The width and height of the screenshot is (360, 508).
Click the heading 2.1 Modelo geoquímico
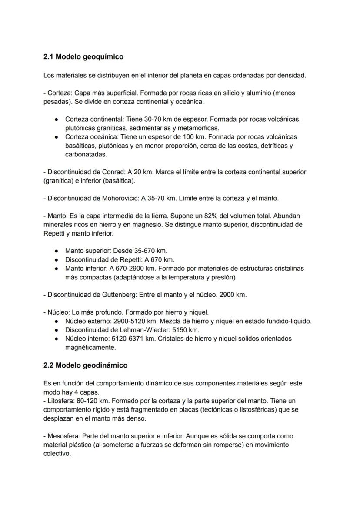(83, 57)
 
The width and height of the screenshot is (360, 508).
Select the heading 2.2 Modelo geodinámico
(86, 365)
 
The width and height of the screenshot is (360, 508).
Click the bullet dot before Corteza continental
(57, 120)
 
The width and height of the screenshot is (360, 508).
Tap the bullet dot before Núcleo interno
(57, 339)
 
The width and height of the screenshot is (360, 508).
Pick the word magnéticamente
(90, 347)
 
